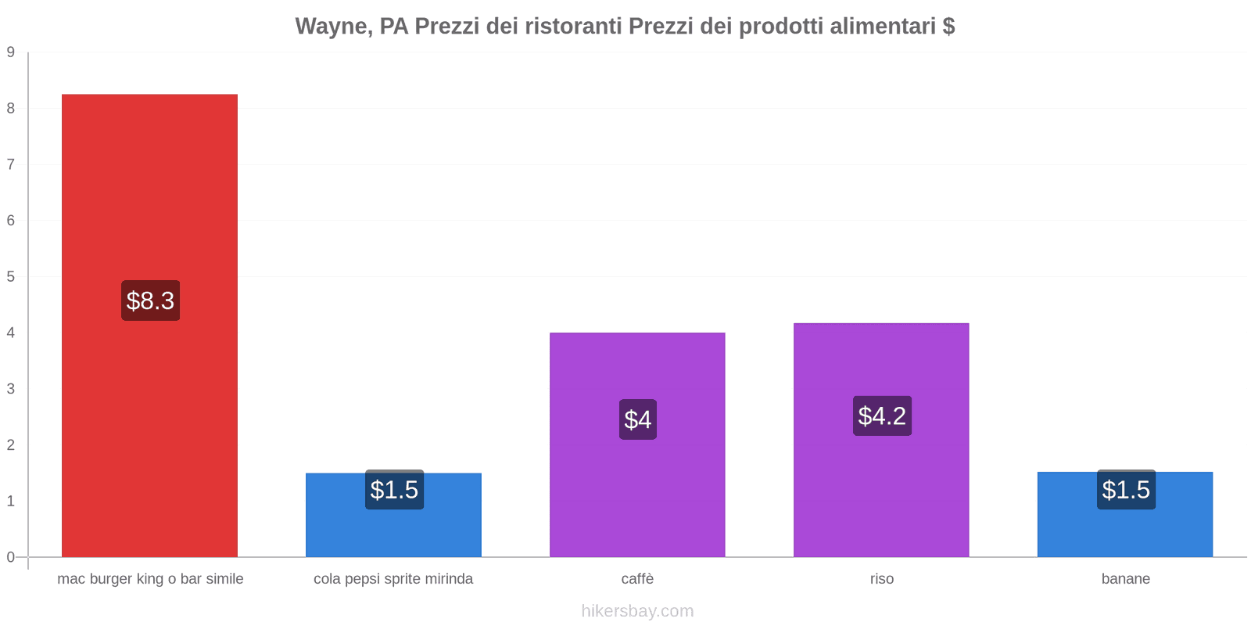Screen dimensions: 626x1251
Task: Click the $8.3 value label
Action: [x=150, y=300]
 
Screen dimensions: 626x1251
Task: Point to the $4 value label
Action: [x=637, y=419]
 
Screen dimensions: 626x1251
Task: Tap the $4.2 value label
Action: [x=882, y=416]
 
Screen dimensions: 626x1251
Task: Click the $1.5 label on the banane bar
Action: [x=1126, y=490]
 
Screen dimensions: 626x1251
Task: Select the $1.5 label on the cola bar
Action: [x=394, y=490]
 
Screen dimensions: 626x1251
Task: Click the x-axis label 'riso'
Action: [x=882, y=579]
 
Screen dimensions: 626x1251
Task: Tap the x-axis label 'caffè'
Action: [x=637, y=579]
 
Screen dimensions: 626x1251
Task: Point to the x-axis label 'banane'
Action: [x=1126, y=579]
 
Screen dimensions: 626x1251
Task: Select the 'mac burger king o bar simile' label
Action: [x=150, y=579]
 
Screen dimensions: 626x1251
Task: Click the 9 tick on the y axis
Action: [x=11, y=52]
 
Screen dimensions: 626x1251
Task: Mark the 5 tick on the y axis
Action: [x=11, y=276]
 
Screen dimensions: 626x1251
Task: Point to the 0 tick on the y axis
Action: [x=11, y=557]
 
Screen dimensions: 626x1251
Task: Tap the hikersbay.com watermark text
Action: [x=637, y=611]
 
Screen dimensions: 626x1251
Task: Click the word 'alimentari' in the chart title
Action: [x=883, y=27]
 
